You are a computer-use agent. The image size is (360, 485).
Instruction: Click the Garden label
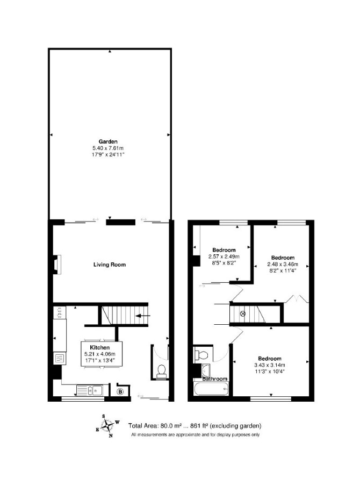pyautogui.click(x=108, y=141)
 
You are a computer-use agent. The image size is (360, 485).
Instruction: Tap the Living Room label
pyautogui.click(x=110, y=265)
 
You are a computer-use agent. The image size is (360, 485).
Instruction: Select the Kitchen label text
pyautogui.click(x=100, y=348)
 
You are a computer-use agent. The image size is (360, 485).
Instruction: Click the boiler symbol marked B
pyautogui.click(x=120, y=391)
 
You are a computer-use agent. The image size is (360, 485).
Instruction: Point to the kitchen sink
pyautogui.click(x=90, y=390)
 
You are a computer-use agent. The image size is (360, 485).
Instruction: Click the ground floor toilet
pyautogui.click(x=161, y=371)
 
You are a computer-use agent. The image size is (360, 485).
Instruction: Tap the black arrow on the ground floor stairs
pyautogui.click(x=143, y=316)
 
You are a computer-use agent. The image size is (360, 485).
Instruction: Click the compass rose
pyautogui.click(x=107, y=426)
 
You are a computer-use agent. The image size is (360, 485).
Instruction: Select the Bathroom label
pyautogui.click(x=215, y=379)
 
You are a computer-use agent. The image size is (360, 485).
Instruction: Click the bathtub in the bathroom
pyautogui.click(x=212, y=389)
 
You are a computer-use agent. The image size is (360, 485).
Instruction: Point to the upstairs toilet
pyautogui.click(x=201, y=354)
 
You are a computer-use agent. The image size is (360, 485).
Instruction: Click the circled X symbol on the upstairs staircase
pyautogui.click(x=242, y=313)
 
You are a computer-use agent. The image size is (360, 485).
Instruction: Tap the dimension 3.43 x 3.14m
pyautogui.click(x=269, y=365)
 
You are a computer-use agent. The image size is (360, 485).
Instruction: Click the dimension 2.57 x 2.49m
pyautogui.click(x=224, y=256)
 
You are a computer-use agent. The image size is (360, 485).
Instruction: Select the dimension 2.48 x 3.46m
pyautogui.click(x=283, y=264)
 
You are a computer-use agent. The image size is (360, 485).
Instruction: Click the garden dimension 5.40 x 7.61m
pyautogui.click(x=108, y=148)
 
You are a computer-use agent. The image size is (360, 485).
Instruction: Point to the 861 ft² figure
pyautogui.click(x=199, y=426)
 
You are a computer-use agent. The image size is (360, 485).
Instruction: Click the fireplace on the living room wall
pyautogui.click(x=56, y=265)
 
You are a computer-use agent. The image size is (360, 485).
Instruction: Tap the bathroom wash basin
pyautogui.click(x=205, y=369)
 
